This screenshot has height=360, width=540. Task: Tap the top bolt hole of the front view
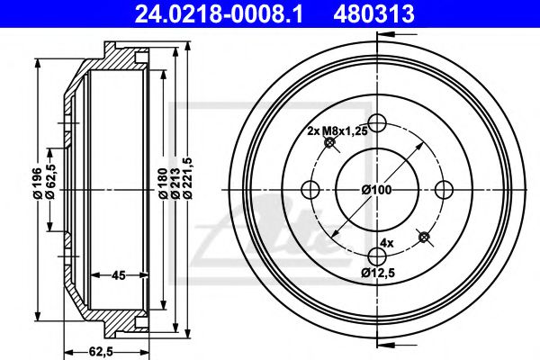(377, 123)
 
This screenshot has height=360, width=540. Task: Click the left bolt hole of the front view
(311, 189)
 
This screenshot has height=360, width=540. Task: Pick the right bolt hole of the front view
(443, 189)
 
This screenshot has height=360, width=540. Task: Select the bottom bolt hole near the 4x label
(377, 255)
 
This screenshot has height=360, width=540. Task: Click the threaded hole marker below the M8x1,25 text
(330, 143)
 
